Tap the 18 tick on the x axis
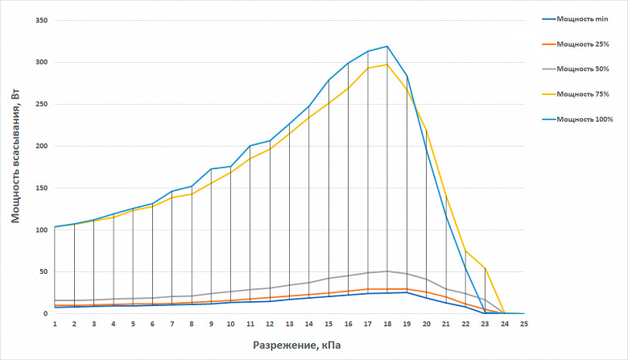coord(387,324)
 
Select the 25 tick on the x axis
coord(524,324)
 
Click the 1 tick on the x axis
coord(55,324)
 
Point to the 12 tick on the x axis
coord(270,324)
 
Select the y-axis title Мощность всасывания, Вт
coord(15,156)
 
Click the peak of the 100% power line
coord(387,47)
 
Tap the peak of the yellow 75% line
coord(387,64)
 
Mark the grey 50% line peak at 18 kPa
coord(387,271)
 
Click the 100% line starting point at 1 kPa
coord(55,227)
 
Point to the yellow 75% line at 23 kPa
coord(485,268)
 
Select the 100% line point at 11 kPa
coord(250,146)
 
